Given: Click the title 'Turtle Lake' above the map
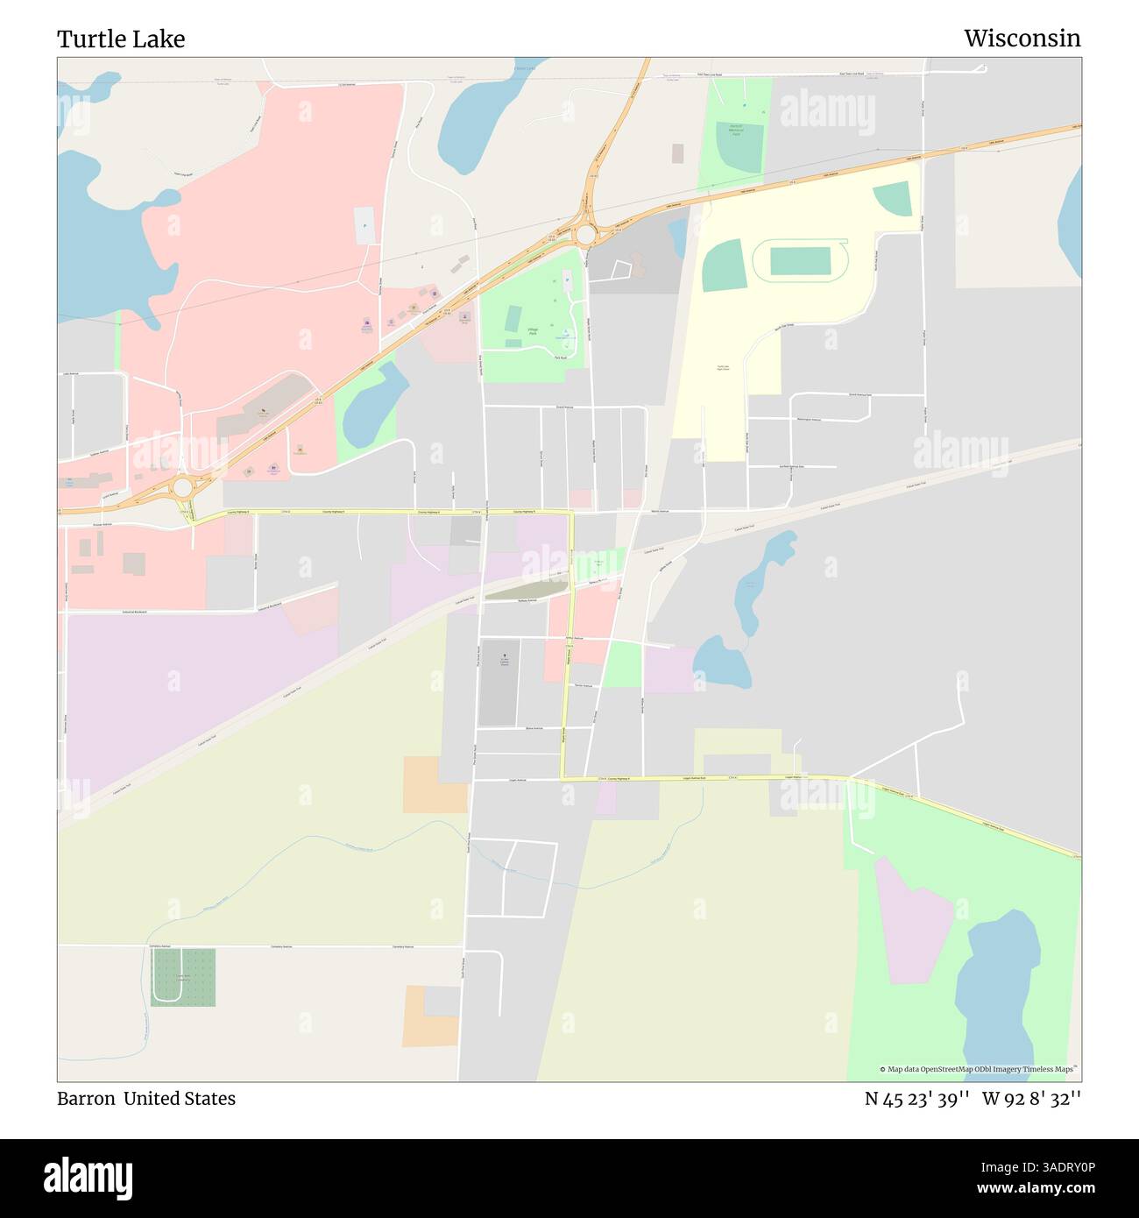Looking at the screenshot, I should point(121,39).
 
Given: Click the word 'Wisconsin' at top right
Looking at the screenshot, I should point(1022,39).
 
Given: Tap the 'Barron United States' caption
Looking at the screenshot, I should point(146,1098).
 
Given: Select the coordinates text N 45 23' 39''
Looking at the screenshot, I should point(916,1098).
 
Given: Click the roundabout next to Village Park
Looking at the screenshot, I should point(586,234).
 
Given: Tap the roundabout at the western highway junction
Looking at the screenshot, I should point(182,486).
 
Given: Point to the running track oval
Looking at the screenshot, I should point(800,260).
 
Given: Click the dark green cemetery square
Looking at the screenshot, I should point(183,977).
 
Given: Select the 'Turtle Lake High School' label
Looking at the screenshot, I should point(723,368).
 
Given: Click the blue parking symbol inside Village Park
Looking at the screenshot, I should point(567,280).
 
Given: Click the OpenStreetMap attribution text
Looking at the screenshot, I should point(978,1069).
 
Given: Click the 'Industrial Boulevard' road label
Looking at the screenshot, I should point(135,612).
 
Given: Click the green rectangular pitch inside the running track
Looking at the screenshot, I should point(800,260).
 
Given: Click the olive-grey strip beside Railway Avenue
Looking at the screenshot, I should point(523,592).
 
